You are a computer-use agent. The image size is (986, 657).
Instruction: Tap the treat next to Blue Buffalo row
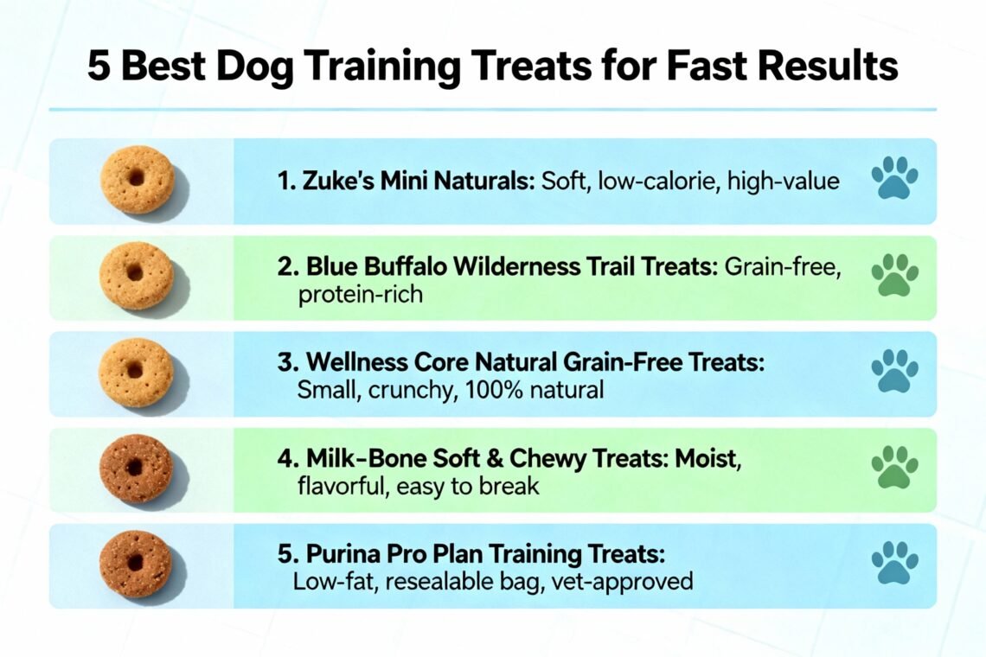[136, 275]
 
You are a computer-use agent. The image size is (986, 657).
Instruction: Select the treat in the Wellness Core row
[136, 372]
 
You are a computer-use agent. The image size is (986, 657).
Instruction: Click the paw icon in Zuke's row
[894, 179]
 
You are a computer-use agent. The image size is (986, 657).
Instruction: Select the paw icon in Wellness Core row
[894, 373]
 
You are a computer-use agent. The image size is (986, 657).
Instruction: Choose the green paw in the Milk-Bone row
[894, 469]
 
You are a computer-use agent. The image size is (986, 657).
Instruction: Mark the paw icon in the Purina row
[894, 565]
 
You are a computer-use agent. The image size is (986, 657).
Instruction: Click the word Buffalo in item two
[407, 267]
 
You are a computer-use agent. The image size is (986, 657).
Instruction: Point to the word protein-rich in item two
[360, 295]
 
